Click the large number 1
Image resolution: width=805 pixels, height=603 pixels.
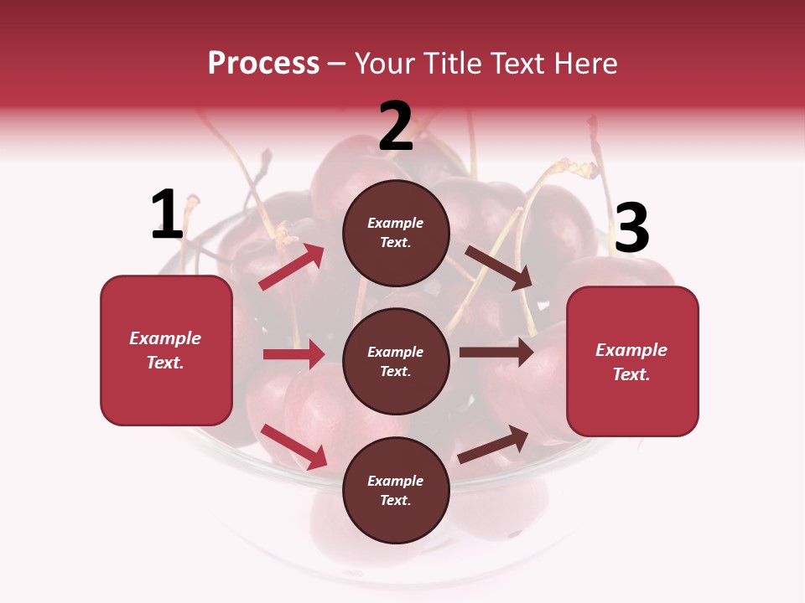(x=167, y=215)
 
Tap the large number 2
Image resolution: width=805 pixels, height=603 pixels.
(x=396, y=126)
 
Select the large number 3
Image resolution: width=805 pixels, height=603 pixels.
(x=631, y=229)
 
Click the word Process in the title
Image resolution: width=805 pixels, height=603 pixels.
(x=263, y=63)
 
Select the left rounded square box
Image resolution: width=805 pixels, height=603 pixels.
(x=166, y=350)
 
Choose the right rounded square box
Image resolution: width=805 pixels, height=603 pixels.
(x=632, y=362)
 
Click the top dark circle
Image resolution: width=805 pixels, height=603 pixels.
(x=396, y=233)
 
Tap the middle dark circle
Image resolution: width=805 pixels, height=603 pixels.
(x=396, y=362)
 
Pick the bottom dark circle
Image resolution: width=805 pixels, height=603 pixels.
(x=396, y=491)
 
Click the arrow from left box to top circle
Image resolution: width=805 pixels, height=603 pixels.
(x=292, y=266)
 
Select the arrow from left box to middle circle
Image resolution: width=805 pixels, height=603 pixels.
(x=293, y=354)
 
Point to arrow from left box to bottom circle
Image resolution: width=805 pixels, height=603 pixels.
(x=293, y=446)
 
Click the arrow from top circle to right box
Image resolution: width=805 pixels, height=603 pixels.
(x=498, y=267)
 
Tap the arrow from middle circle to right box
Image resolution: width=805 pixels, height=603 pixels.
(x=496, y=353)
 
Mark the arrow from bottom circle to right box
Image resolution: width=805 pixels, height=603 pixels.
(x=493, y=444)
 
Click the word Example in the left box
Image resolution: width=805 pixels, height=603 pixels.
(x=165, y=338)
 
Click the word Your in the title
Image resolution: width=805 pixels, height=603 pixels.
(x=384, y=63)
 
